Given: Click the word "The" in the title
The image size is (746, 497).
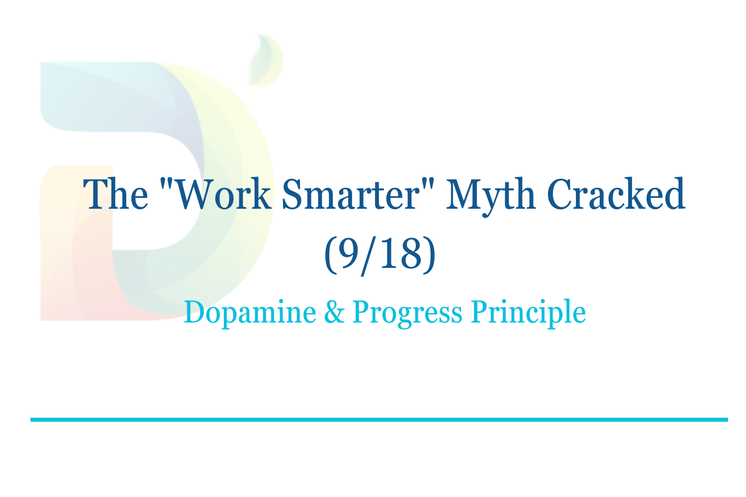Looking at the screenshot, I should coord(115,194).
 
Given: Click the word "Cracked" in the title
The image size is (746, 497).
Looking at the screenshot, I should coord(616,194).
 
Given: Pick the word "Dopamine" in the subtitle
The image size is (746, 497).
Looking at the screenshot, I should coord(250,313).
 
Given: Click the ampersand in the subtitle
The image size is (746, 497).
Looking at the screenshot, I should coord(334,313).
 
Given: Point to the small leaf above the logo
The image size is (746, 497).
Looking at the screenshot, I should coord(265,60).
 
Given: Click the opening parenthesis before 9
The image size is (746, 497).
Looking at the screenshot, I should coord(329,254).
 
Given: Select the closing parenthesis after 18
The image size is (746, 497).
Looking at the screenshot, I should coord(429,254).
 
